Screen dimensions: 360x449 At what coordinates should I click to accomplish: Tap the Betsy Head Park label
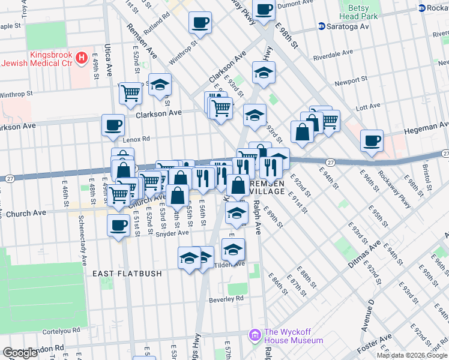coord(358,11)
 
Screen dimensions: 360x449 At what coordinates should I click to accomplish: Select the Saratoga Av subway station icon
coord(322,26)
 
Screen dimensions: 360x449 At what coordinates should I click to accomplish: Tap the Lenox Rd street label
coord(135,139)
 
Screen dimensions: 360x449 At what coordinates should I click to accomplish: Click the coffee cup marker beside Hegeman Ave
coord(372,142)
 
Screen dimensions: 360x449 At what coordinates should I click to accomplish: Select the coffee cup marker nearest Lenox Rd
coord(113,126)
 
